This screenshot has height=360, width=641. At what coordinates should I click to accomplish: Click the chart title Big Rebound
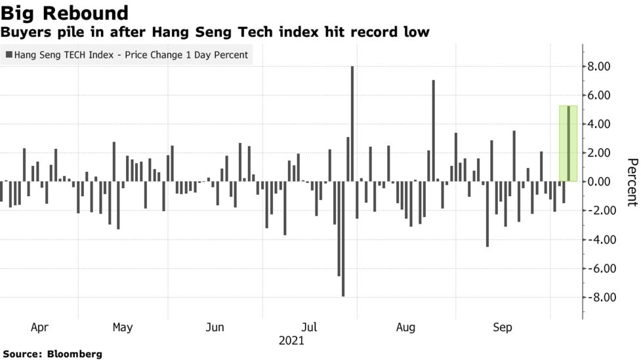(x=64, y=12)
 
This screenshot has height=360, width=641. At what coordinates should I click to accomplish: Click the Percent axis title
(x=632, y=182)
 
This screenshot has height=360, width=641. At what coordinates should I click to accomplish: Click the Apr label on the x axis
(x=39, y=327)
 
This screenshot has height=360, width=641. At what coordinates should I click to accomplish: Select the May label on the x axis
(x=123, y=327)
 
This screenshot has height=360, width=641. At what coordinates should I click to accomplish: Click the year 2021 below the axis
(x=291, y=341)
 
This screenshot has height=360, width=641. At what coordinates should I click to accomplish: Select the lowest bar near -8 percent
(x=343, y=239)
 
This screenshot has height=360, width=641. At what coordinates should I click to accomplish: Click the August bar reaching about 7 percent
(x=433, y=130)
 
